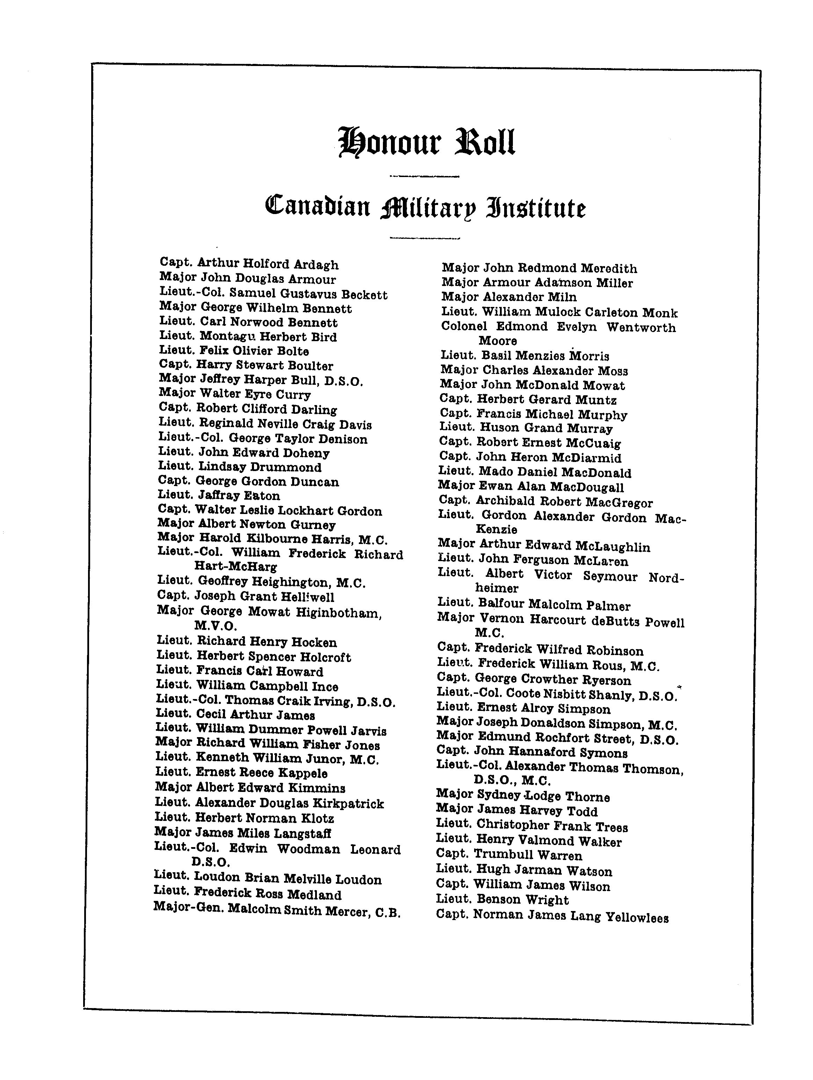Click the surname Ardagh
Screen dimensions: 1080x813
coord(316,265)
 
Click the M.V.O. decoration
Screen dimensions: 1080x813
coord(216,626)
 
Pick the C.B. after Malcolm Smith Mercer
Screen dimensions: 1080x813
coord(388,912)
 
